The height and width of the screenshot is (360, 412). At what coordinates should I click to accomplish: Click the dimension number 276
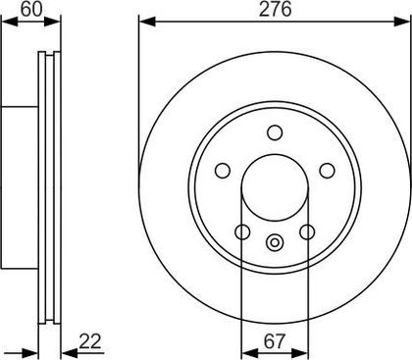coord(275,10)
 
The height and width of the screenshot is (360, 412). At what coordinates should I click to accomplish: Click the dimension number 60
coord(31,10)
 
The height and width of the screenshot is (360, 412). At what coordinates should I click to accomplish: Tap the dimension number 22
coord(90,341)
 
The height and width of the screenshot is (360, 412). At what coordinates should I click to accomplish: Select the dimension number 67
coord(275,341)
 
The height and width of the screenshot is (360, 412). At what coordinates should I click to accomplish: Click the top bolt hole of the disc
coord(275,132)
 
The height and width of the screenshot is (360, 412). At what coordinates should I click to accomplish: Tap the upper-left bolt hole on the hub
coord(223,171)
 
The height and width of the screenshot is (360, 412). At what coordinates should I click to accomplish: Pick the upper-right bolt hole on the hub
coord(327,171)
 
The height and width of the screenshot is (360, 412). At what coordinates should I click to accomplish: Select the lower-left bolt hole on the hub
coord(242,231)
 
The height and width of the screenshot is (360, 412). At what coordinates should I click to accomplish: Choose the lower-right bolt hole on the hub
coord(307,231)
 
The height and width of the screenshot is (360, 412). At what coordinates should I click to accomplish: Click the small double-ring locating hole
coord(275,242)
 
